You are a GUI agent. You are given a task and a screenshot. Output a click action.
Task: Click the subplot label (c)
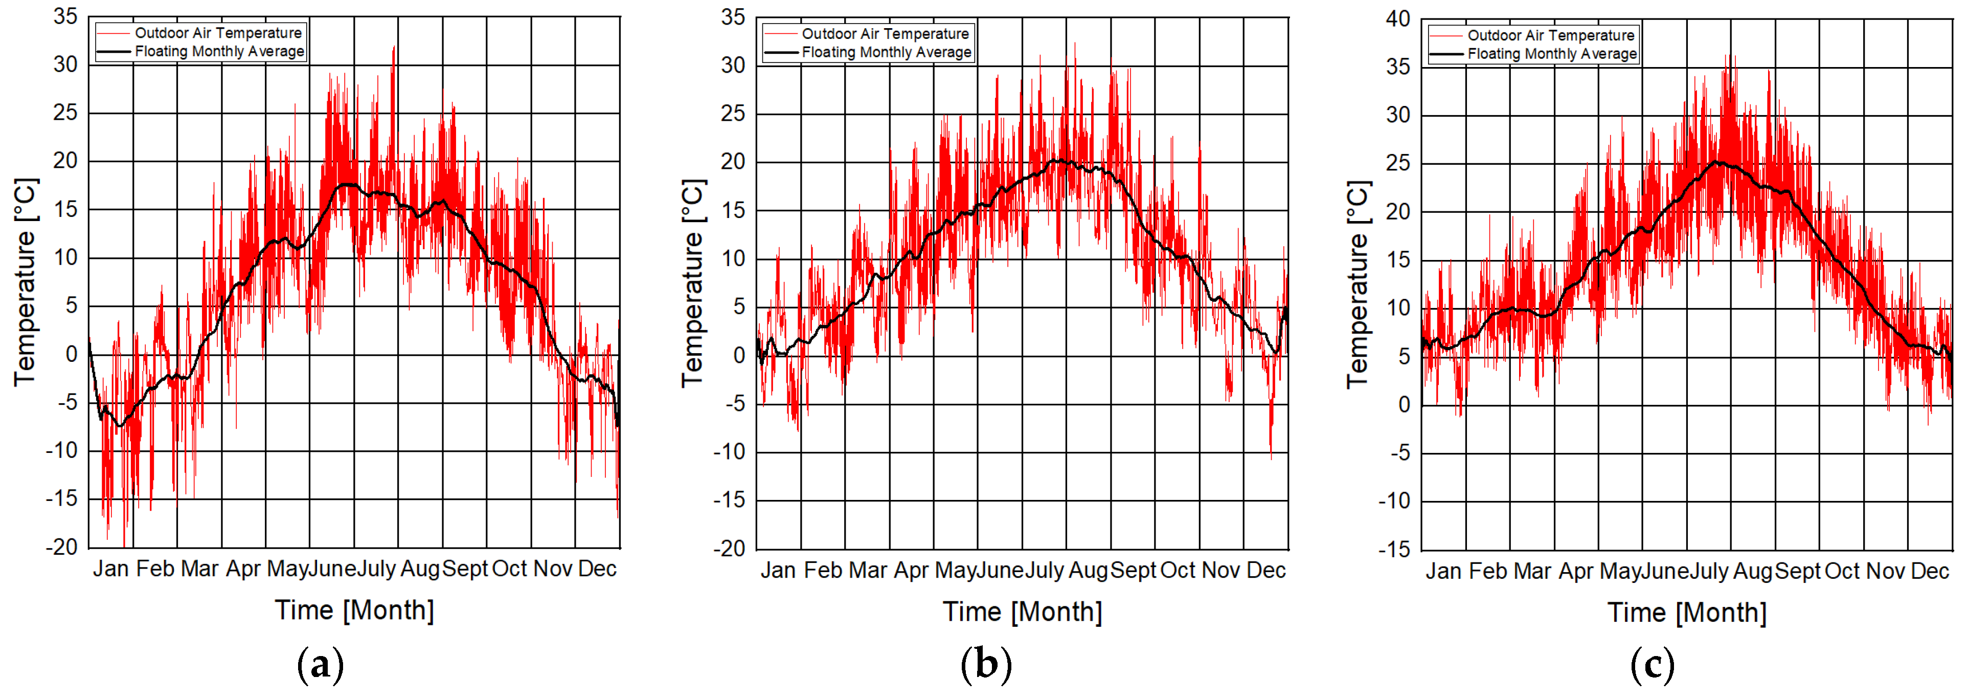1652,666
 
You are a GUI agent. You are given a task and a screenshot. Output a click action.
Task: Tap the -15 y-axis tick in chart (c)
1394,550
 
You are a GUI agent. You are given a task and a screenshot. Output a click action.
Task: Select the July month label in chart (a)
377,569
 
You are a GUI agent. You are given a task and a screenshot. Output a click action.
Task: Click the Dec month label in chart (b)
1266,571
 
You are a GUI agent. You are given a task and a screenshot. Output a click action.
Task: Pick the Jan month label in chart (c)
1443,571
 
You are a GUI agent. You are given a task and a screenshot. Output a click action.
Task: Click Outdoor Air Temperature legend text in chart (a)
218,33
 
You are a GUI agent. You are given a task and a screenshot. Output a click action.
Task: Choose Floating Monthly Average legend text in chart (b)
886,53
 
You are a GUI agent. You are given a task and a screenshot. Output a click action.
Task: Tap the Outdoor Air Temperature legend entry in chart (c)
1550,35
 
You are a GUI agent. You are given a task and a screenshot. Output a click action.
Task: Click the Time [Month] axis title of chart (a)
354,610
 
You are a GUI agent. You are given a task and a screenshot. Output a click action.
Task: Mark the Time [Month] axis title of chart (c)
1687,613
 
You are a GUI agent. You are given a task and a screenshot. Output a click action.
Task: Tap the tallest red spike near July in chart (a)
394,48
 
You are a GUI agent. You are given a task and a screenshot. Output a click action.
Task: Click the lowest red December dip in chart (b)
1271,456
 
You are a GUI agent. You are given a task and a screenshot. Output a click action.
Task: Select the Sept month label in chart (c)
1798,571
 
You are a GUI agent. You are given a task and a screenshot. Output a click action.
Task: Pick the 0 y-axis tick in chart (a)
71,354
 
